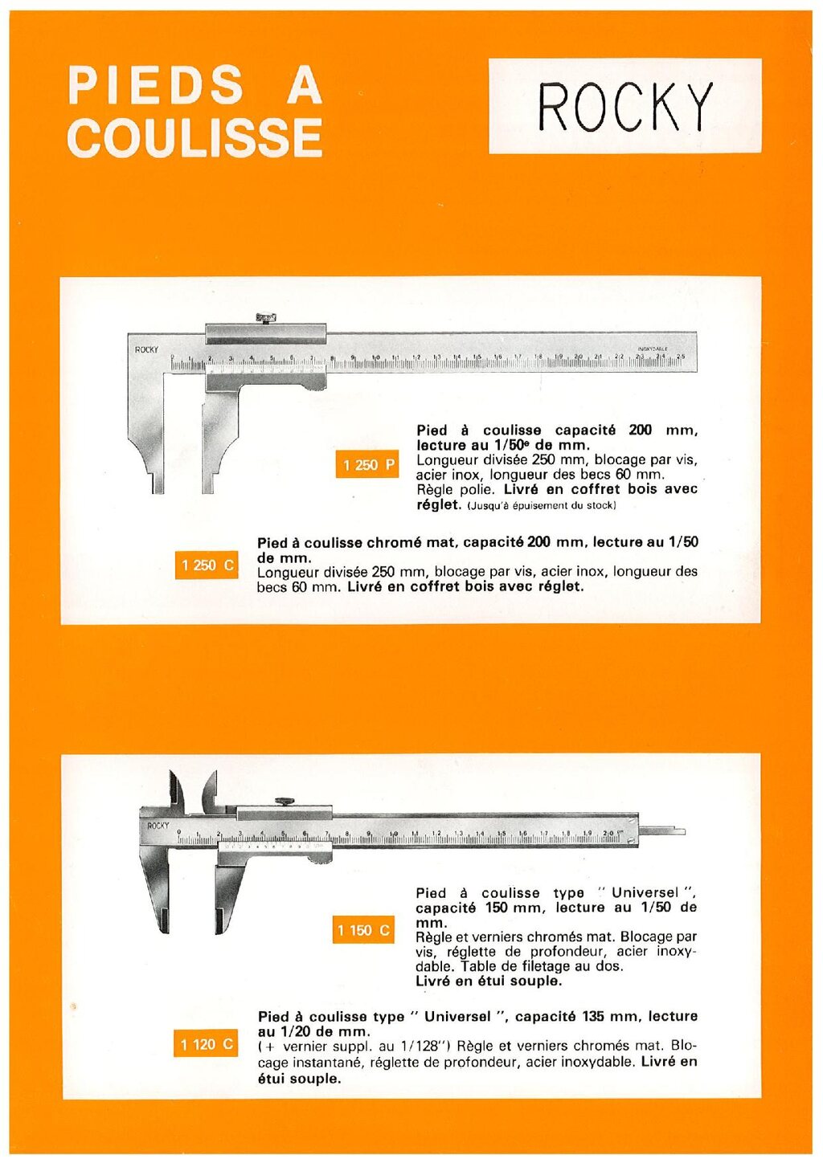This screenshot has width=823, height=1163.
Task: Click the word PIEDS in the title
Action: pyautogui.click(x=156, y=85)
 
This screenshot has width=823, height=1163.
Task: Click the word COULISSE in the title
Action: pyautogui.click(x=195, y=137)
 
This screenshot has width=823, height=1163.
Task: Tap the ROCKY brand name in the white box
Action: pyautogui.click(x=625, y=106)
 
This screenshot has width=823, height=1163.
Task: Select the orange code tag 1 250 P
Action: pyautogui.click(x=368, y=465)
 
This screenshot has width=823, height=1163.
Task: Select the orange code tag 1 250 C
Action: pyautogui.click(x=207, y=565)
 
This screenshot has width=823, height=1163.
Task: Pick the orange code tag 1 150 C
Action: pyautogui.click(x=363, y=930)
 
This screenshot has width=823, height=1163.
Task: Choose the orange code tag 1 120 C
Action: pyautogui.click(x=206, y=1044)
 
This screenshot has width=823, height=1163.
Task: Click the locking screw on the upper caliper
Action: pyautogui.click(x=265, y=318)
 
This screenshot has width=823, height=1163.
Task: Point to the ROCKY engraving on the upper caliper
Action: pyautogui.click(x=146, y=349)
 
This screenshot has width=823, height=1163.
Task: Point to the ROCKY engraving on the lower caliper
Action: pyautogui.click(x=158, y=826)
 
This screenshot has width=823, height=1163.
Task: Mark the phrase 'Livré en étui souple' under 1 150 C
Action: pyautogui.click(x=488, y=981)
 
